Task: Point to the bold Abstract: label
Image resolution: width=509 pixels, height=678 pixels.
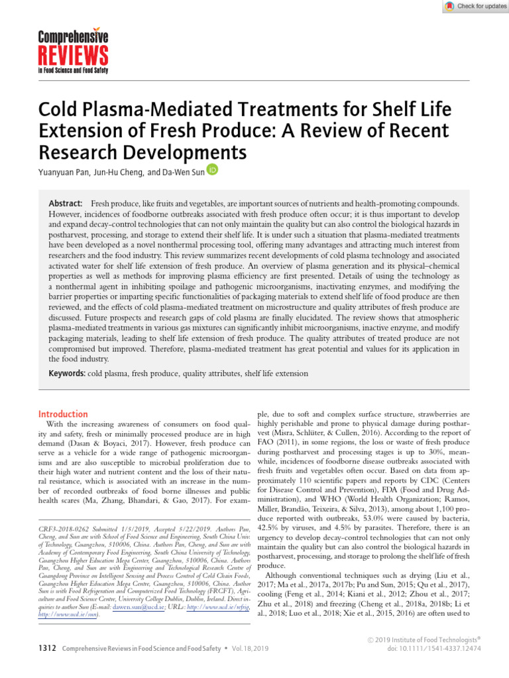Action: click(x=66, y=202)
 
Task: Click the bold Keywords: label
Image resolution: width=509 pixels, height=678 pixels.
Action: click(x=68, y=373)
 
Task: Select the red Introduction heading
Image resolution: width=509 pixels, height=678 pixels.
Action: click(x=63, y=414)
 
